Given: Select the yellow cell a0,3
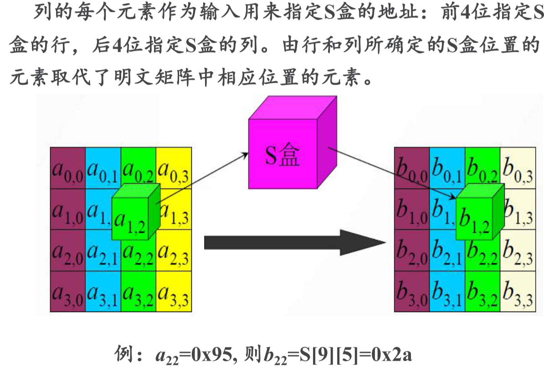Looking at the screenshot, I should (173, 168).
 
